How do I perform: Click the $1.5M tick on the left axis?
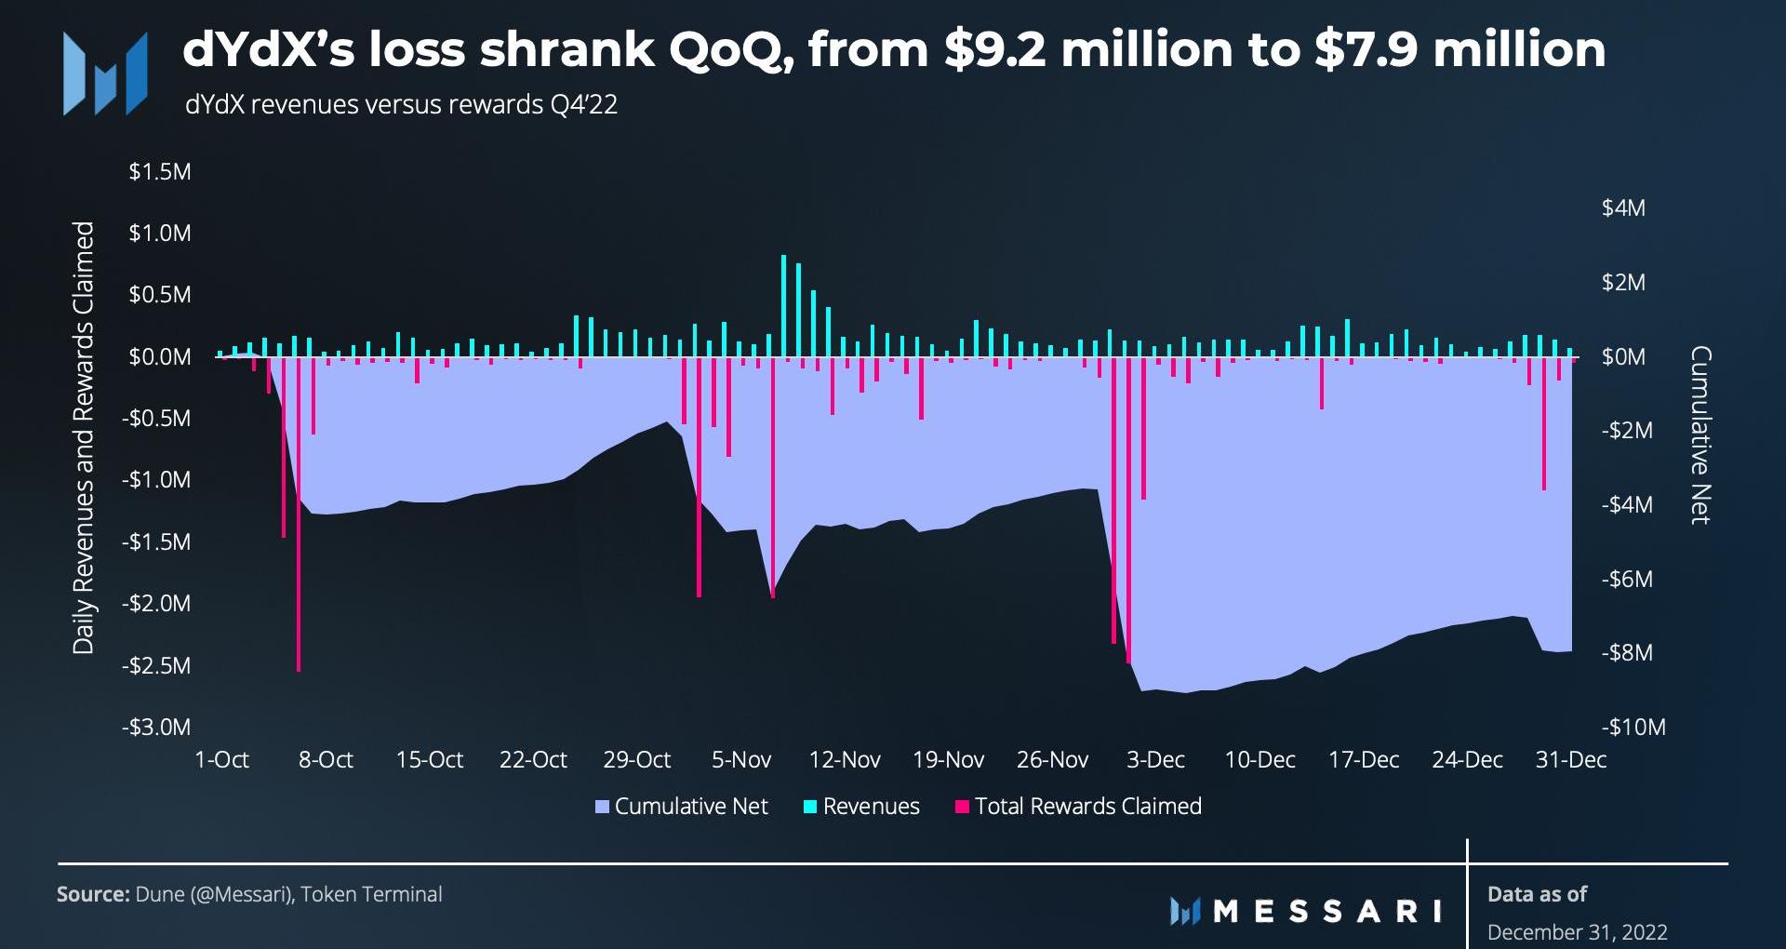[160, 172]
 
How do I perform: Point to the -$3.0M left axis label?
[156, 728]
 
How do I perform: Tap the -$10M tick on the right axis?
[1633, 728]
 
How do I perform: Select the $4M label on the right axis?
[1623, 208]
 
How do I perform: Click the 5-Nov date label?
[741, 760]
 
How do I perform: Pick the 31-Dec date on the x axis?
[1571, 760]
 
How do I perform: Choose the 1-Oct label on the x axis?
[221, 760]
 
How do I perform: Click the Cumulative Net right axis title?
[1701, 435]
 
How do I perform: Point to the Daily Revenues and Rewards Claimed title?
[84, 437]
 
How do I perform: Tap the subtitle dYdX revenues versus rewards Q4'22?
[401, 104]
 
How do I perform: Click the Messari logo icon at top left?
[104, 74]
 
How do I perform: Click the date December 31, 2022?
[1577, 932]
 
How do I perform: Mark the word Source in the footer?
[92, 894]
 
